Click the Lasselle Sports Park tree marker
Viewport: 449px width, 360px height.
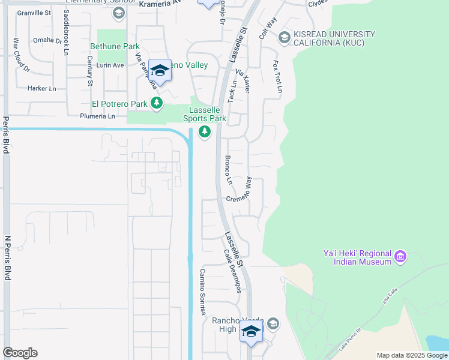(x=205, y=131)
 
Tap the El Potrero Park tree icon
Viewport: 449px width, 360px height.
(x=157, y=103)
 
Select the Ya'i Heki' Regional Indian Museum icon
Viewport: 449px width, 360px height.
(x=400, y=257)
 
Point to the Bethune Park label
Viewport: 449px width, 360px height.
(x=115, y=46)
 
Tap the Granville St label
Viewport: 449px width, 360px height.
(x=34, y=12)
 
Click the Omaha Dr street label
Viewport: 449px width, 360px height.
(x=47, y=41)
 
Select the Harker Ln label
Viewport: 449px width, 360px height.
(x=41, y=88)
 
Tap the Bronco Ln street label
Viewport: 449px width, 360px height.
(x=228, y=170)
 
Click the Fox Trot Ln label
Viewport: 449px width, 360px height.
(x=278, y=76)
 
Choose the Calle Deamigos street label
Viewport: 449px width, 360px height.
(x=232, y=271)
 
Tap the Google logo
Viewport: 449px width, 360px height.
(x=20, y=353)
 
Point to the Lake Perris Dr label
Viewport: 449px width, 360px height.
(x=351, y=339)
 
